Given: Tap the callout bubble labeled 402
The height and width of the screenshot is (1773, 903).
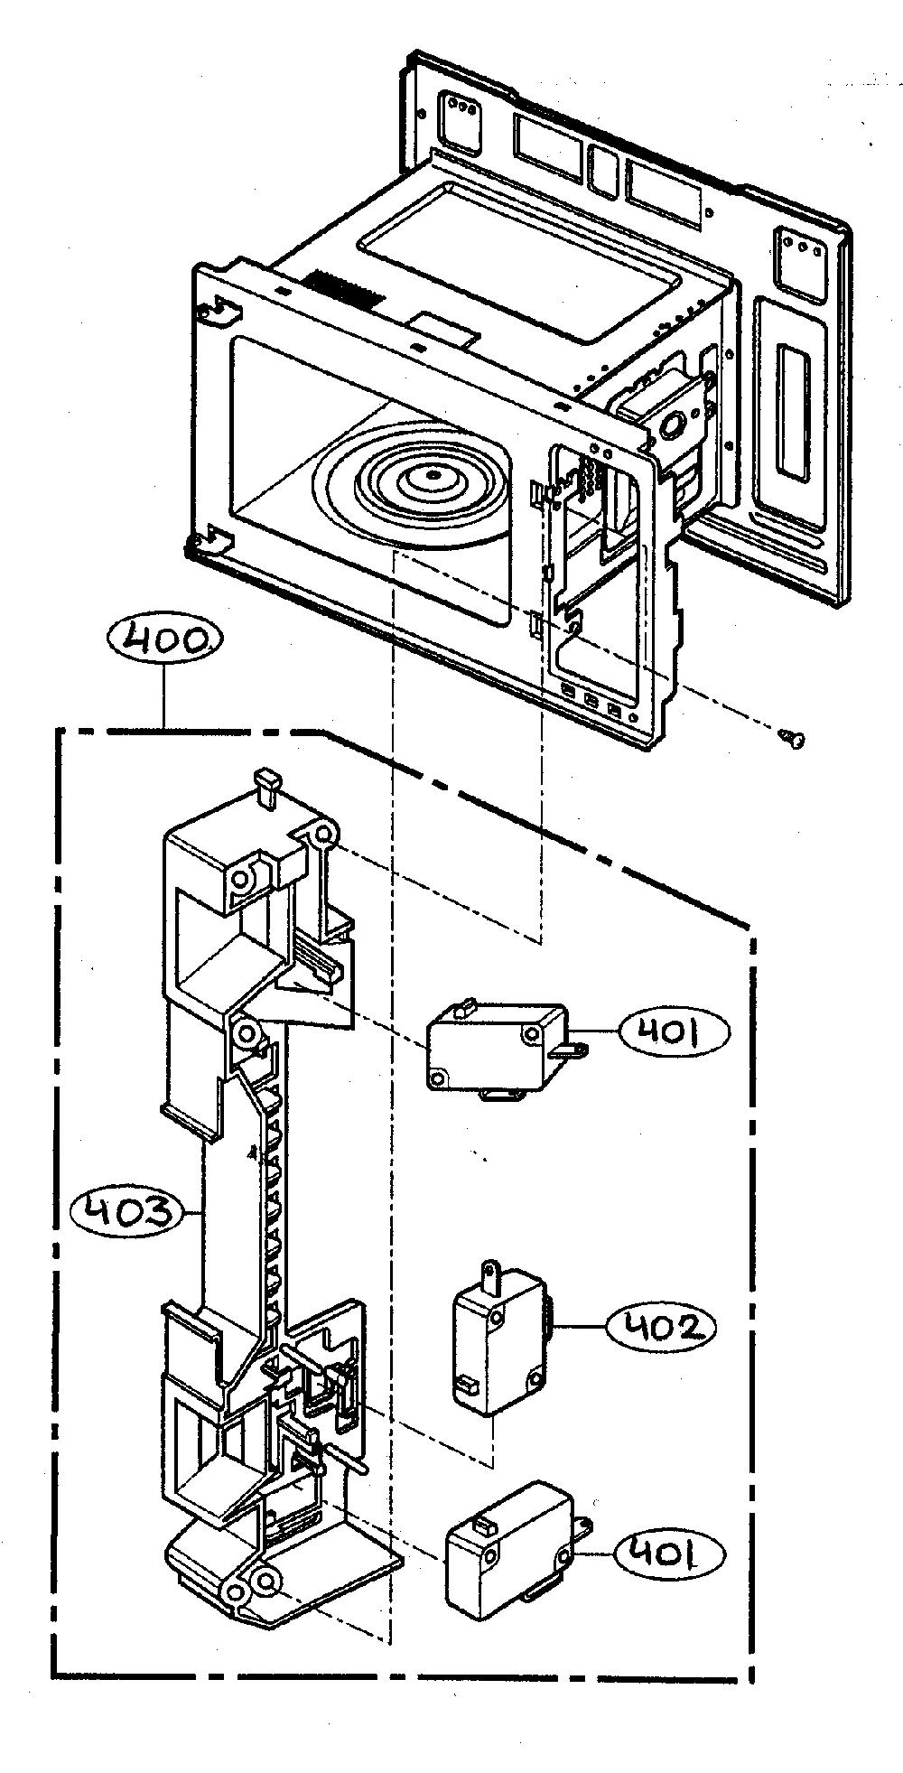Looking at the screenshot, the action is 661,1328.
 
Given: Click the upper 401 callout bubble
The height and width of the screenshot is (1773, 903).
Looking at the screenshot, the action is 671,1031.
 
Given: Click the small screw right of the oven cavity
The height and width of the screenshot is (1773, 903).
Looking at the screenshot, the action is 791,739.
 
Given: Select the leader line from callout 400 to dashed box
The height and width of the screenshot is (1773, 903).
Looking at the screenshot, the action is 164,699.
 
